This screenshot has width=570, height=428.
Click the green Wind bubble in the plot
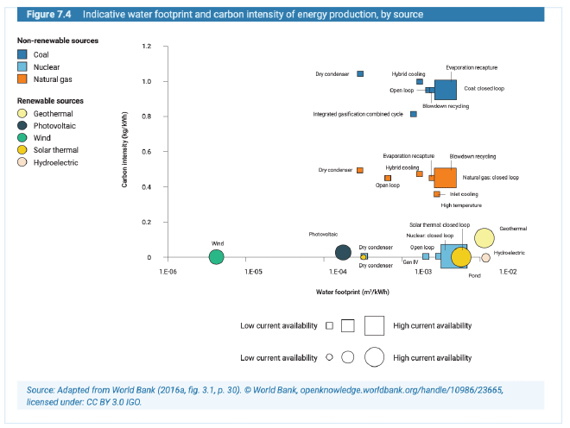pos(217,256)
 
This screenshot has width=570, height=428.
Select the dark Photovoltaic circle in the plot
pos(343,253)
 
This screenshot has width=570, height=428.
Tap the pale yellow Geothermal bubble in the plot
pos(484,238)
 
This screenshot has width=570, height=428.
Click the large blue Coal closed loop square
pos(445,90)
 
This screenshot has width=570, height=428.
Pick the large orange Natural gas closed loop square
pos(445,178)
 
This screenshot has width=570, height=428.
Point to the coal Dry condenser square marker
pos(360,74)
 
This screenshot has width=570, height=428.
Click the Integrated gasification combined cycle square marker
pos(414,114)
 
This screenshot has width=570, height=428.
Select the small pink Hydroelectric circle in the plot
pos(485,257)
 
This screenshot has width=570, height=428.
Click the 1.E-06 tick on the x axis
pos(169,272)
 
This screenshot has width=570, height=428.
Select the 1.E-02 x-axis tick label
pos(506,272)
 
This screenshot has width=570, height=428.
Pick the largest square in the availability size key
pos(374,325)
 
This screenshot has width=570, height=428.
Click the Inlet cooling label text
pos(464,194)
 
